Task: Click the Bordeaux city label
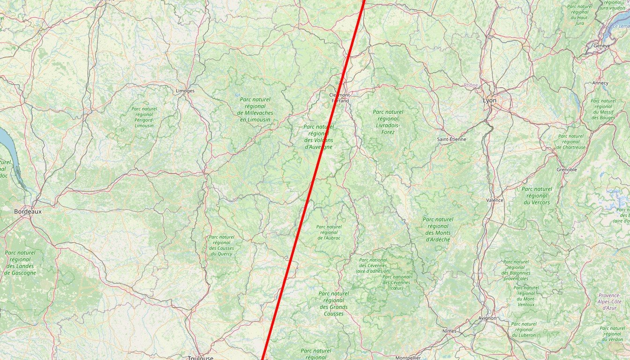click(x=28, y=211)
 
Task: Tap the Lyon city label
click(x=489, y=100)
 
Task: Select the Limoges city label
click(x=185, y=90)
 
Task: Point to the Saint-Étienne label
click(x=451, y=139)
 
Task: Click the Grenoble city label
click(x=567, y=170)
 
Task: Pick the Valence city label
click(x=495, y=200)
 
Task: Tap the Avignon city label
click(x=487, y=318)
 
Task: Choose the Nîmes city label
click(x=449, y=331)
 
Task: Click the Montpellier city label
click(x=407, y=358)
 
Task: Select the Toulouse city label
click(x=200, y=358)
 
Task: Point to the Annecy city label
click(x=600, y=83)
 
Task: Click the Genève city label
click(x=601, y=46)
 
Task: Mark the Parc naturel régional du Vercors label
click(x=537, y=195)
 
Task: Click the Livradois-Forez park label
click(x=388, y=122)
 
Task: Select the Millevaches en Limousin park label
click(x=255, y=109)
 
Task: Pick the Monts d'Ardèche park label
click(x=438, y=229)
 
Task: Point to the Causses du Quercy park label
click(x=221, y=245)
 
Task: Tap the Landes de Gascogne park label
click(x=20, y=262)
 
